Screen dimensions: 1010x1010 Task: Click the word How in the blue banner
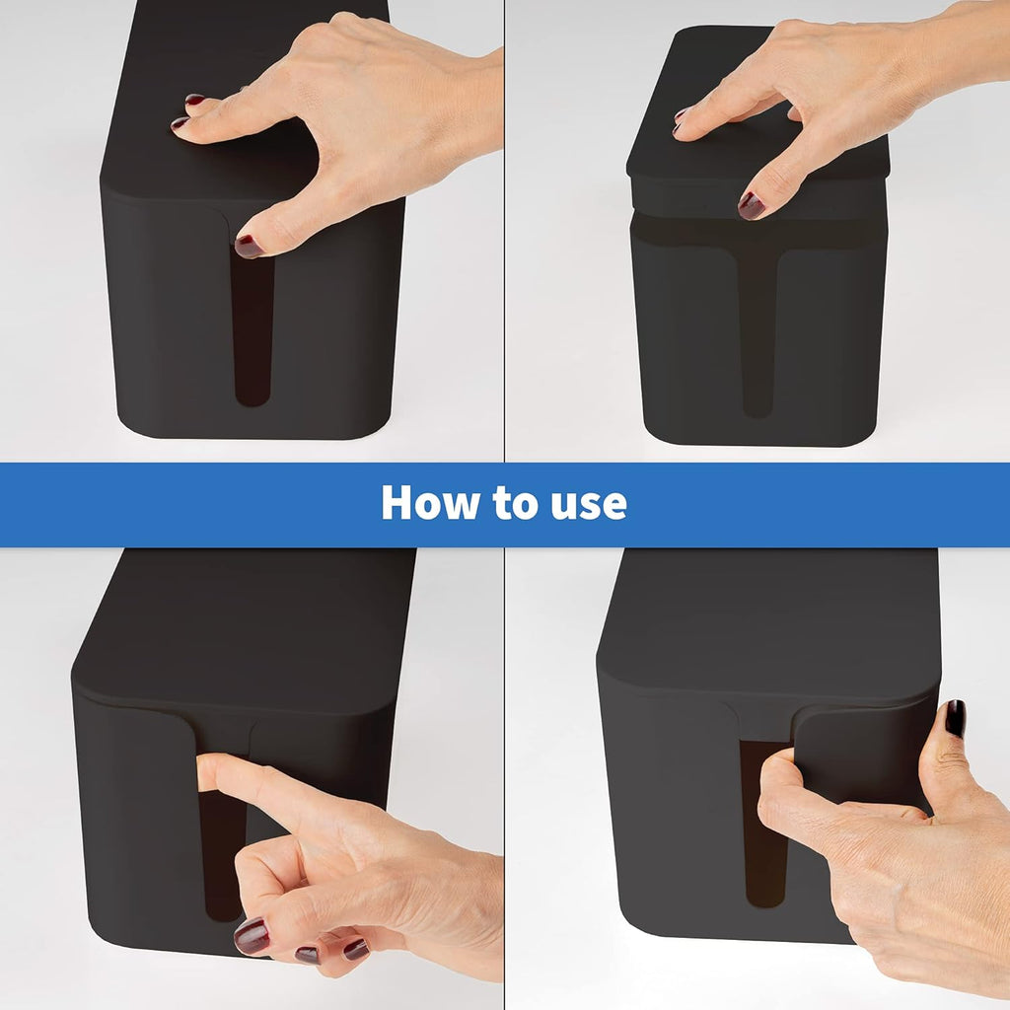pyautogui.click(x=429, y=502)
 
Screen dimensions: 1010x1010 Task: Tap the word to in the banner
pyautogui.click(x=515, y=503)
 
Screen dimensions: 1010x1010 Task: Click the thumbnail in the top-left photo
pyautogui.click(x=249, y=246)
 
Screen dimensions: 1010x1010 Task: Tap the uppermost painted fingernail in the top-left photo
pyautogui.click(x=194, y=100)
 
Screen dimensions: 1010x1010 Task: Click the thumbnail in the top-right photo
pyautogui.click(x=751, y=205)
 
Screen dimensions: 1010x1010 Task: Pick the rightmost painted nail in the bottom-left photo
pyautogui.click(x=355, y=949)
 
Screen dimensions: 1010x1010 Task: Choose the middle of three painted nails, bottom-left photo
pyautogui.click(x=307, y=955)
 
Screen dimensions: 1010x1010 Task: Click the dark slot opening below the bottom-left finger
pyautogui.click(x=220, y=857)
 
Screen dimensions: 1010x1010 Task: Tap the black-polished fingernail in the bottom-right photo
pyautogui.click(x=955, y=718)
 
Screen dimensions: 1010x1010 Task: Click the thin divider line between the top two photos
pyautogui.click(x=504, y=231)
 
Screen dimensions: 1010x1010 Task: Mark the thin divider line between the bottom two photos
pyautogui.click(x=504, y=779)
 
